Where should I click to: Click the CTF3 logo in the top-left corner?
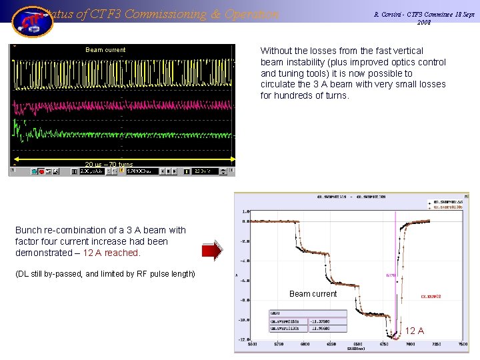click(x=31, y=21)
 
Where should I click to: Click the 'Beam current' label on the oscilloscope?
click(x=105, y=50)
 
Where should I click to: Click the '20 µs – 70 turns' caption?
click(x=109, y=164)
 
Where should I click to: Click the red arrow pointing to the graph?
click(x=212, y=251)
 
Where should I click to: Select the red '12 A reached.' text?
click(x=111, y=253)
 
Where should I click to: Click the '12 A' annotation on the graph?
click(x=415, y=331)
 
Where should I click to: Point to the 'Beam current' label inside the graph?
click(x=313, y=294)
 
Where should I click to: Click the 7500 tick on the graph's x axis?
click(x=463, y=345)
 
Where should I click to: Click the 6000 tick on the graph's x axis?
click(x=305, y=345)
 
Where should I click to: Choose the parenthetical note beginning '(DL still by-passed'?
click(x=105, y=274)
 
